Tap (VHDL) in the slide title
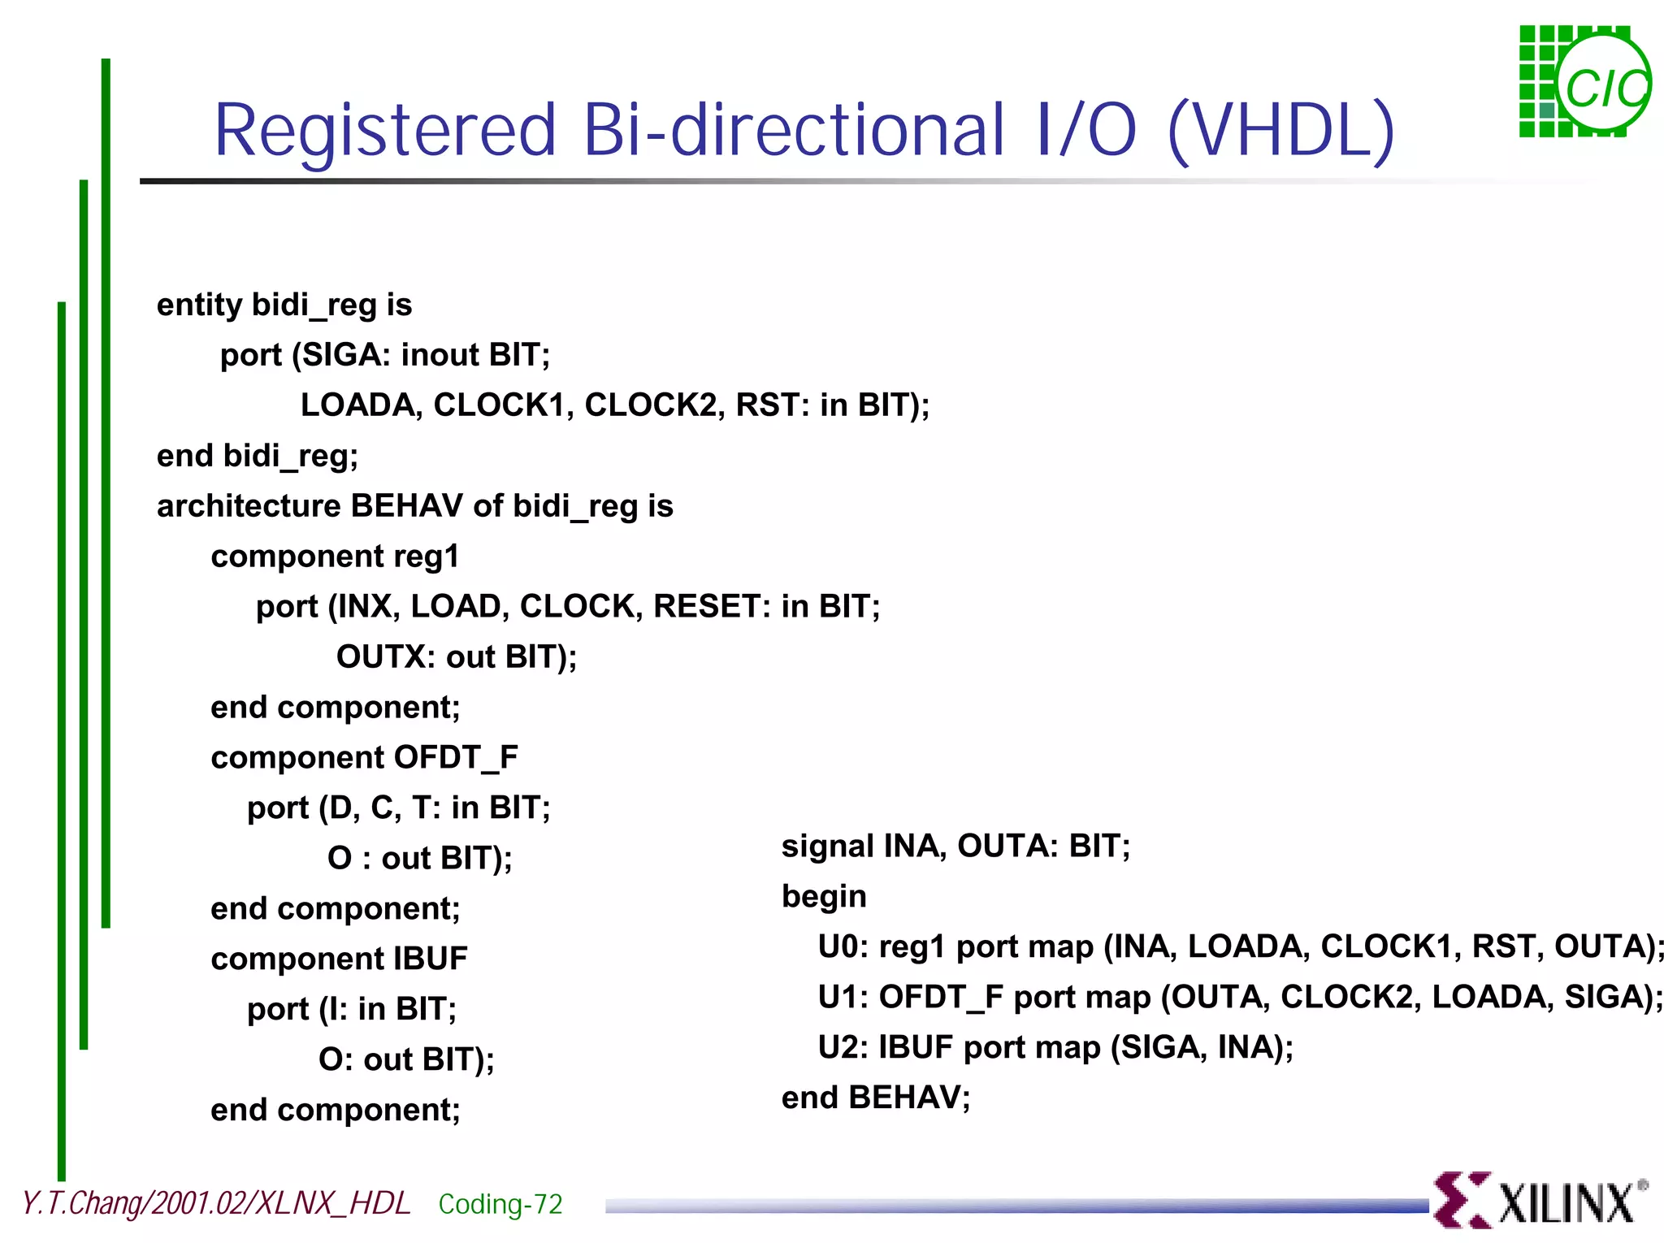coord(1280,132)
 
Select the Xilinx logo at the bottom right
coord(1540,1200)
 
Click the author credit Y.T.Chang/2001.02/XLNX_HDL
coord(216,1203)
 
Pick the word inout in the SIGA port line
coord(440,355)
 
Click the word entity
coord(199,305)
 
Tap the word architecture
coord(249,506)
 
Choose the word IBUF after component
coord(431,959)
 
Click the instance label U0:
coord(843,947)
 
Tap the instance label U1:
coord(843,998)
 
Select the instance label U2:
coord(843,1048)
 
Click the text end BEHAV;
coord(876,1098)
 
